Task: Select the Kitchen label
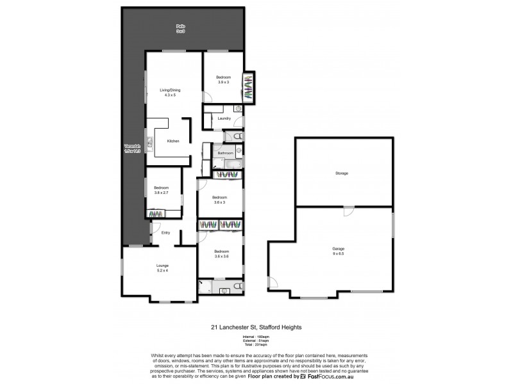[x=173, y=141]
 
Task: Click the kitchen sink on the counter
[x=148, y=141]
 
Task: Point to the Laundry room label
[x=224, y=118]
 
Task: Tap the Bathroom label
[x=224, y=153]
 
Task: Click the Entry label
[x=165, y=232]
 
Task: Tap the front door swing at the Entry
[x=154, y=228]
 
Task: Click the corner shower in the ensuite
[x=204, y=286]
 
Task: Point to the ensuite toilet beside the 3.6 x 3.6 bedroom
[x=237, y=286]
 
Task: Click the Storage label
[x=341, y=173]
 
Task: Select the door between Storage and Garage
[x=347, y=212]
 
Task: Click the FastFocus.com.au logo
[x=326, y=377]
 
